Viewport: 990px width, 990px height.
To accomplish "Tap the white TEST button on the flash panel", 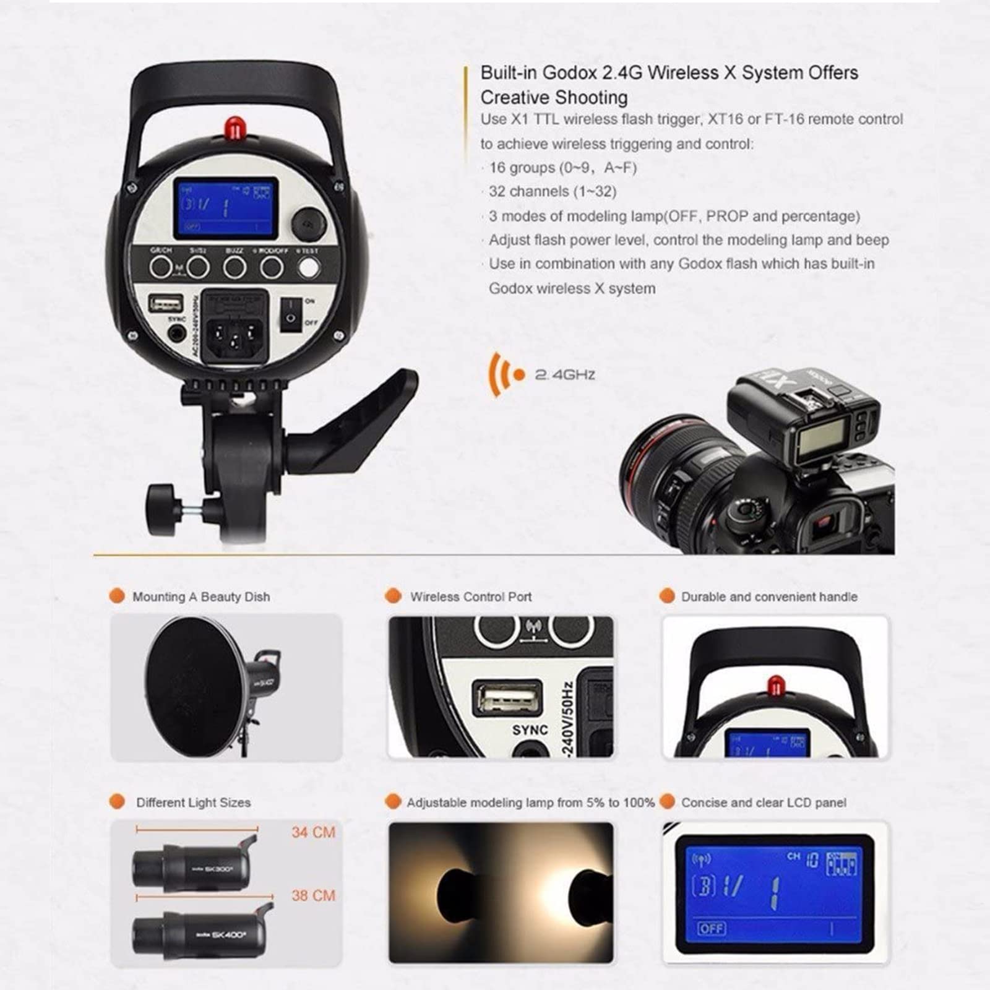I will click(309, 267).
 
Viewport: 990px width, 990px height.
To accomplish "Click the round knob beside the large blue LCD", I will click(309, 223).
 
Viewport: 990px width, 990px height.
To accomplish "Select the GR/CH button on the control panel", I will click(161, 267).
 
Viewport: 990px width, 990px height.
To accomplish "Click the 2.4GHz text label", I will click(565, 374).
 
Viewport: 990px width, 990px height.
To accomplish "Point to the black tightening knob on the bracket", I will click(162, 504).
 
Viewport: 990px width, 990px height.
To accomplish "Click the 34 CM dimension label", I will click(313, 832).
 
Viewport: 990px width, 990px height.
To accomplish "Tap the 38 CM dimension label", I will click(313, 895).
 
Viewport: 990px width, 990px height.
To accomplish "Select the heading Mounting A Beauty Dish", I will click(201, 597).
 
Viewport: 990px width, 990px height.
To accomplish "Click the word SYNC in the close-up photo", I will click(530, 730).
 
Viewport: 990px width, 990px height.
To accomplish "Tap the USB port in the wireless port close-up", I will click(507, 699).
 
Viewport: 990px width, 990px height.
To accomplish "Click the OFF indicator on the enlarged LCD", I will click(712, 928).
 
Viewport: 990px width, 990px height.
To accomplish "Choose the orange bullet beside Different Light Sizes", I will click(116, 802).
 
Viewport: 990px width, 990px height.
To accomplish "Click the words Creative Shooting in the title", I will click(554, 98).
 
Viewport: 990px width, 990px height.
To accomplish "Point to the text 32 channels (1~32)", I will click(553, 192).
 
